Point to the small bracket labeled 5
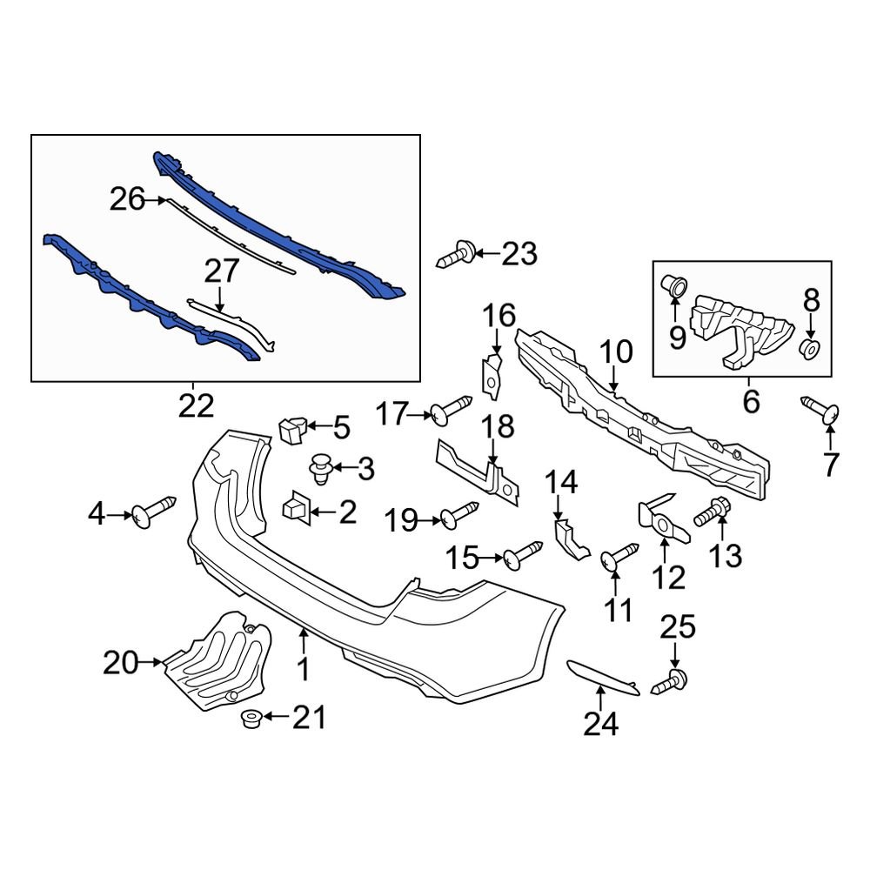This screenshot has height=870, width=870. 291,428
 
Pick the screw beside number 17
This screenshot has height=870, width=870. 451,408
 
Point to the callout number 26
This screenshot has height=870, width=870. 126,200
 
